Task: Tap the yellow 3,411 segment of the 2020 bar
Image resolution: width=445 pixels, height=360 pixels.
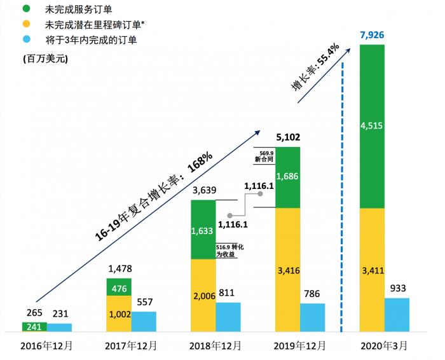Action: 371,270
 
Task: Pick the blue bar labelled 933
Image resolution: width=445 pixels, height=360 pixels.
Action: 397,315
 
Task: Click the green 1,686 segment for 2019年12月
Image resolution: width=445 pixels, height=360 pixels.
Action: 288,177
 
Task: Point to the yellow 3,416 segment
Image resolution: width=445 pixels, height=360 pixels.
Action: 288,270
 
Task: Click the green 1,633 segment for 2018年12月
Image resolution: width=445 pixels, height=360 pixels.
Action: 203,230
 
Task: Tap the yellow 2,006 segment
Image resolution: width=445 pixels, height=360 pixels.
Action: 203,296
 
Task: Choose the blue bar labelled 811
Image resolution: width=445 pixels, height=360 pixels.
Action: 228,317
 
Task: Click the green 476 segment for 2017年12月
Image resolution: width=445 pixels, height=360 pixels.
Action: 119,287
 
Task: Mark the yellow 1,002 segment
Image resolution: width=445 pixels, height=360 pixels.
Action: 119,314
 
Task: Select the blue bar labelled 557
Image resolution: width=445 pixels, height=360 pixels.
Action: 144,321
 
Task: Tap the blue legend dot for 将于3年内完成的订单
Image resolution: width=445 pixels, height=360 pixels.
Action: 26,41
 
